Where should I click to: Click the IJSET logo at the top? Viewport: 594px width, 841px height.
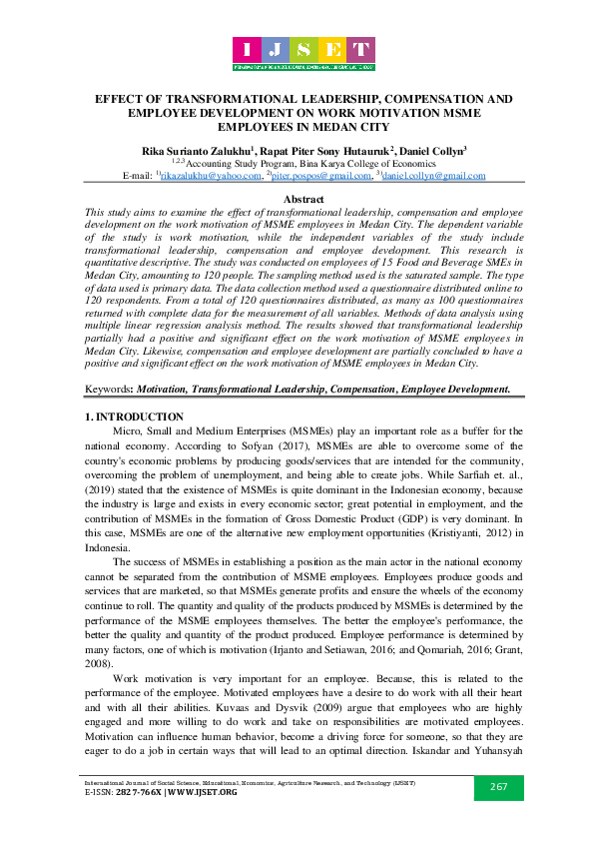click(x=303, y=53)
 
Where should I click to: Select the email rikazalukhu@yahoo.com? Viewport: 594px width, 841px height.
click(x=209, y=176)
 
